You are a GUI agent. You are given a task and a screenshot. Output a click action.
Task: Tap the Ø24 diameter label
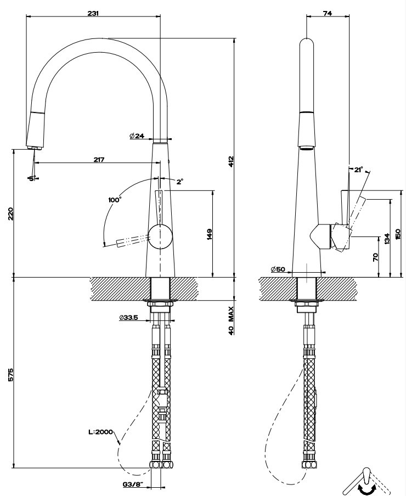[137, 136]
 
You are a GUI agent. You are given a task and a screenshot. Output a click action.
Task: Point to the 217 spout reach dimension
[99, 159]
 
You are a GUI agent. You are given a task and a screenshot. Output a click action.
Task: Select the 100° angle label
[114, 200]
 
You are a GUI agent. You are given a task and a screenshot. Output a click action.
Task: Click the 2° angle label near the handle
[179, 181]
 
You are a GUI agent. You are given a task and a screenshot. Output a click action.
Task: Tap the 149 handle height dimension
[209, 234]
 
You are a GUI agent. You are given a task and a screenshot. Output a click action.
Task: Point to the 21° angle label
[358, 170]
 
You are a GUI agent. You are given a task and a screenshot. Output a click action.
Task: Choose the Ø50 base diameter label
[278, 269]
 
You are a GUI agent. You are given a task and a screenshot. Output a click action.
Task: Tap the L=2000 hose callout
[100, 432]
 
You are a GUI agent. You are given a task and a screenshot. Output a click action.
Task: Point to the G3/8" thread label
[134, 484]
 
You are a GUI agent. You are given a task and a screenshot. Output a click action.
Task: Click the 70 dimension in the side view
[375, 256]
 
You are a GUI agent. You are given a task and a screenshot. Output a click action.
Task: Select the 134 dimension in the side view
[387, 238]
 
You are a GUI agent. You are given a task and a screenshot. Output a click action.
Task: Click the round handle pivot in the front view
[161, 236]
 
